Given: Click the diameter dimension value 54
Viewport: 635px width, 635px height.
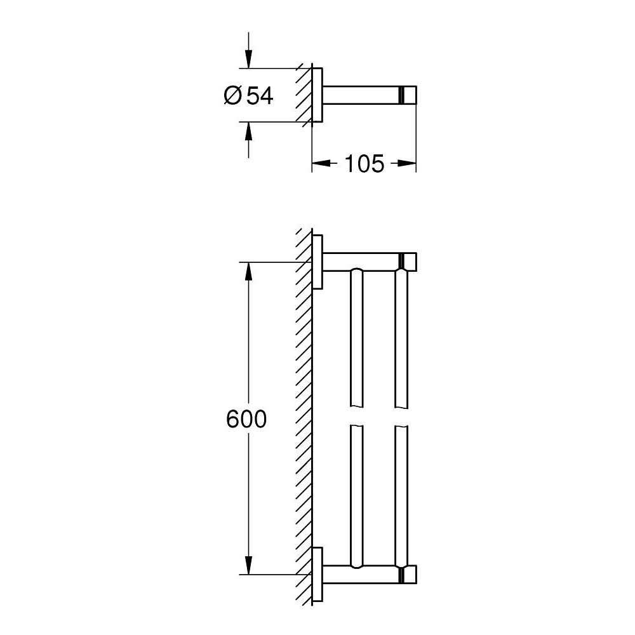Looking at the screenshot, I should coord(260,96).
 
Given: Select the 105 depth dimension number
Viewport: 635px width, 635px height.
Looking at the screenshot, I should coord(364,164).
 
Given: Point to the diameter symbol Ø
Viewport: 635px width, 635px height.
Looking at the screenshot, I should coord(232,96).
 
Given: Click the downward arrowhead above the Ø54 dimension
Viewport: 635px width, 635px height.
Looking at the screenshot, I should coord(248,60).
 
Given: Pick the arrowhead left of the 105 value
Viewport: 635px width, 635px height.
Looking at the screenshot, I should coord(321,164).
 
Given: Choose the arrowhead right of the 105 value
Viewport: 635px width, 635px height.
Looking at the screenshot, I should coord(407,164).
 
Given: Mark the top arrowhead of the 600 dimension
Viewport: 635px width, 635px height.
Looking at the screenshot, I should coord(248,271).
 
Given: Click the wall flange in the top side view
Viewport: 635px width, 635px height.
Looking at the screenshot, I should coord(317,95).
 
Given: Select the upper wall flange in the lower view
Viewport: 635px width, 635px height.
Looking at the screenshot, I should coord(318,262).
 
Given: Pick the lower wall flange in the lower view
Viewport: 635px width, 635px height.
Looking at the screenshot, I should coord(318,574).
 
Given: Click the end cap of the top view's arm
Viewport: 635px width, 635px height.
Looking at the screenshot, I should coord(409,95).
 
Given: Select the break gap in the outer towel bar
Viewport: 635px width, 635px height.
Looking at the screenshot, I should coord(402,417).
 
